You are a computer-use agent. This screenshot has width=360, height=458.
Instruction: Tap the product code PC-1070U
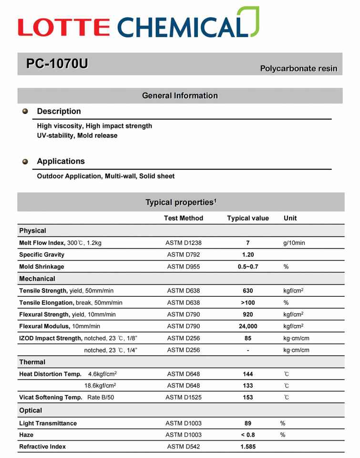57,63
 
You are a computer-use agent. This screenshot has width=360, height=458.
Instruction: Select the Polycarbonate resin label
298,69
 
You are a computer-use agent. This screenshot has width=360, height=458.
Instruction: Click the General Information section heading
180,96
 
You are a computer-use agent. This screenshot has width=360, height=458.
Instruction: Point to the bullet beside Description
25,111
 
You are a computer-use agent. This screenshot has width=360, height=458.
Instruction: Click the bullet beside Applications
25,162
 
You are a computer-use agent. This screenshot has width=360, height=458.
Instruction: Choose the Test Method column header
184,218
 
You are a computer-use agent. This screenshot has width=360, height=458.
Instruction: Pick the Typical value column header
248,218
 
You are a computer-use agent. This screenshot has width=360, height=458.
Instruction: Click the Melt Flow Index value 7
248,243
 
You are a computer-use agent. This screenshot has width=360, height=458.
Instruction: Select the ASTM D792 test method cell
184,255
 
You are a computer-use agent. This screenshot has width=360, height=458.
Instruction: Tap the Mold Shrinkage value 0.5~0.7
248,267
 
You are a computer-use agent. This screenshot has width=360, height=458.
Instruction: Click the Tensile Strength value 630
248,291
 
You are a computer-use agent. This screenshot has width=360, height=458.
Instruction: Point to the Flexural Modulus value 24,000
248,326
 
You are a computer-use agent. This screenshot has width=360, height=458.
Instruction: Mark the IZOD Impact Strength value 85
248,338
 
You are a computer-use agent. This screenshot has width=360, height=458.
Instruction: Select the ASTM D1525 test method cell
184,397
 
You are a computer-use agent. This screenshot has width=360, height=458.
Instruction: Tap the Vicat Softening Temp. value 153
248,397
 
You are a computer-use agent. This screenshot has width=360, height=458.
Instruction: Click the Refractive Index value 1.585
248,447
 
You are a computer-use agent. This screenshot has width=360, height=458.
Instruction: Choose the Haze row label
26,435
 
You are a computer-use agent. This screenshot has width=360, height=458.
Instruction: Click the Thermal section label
32,362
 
